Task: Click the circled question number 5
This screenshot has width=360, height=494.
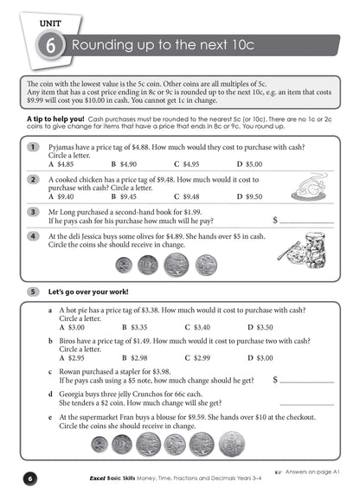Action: [32, 291]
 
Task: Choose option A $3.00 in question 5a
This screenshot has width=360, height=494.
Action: [71, 327]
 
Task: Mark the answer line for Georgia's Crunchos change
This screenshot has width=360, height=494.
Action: [307, 402]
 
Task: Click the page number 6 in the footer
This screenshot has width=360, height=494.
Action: [29, 478]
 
